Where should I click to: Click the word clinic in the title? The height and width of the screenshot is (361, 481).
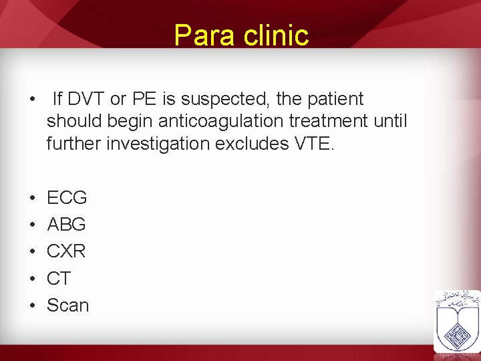coord(276,35)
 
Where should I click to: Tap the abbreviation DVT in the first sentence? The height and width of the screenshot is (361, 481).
coord(86,99)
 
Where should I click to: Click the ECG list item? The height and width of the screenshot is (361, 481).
coord(67,198)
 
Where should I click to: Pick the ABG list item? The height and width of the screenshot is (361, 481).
coord(66,225)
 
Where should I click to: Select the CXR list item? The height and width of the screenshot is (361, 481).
coord(66,251)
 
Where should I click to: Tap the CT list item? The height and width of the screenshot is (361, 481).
coord(59,279)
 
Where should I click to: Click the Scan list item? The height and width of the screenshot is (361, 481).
coord(67,306)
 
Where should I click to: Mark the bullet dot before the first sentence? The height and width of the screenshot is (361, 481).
coord(33,100)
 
